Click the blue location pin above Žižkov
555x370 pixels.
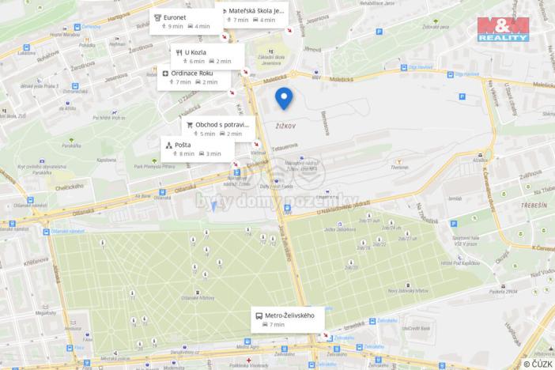coord(284,98)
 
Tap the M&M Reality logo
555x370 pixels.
coord(502,29)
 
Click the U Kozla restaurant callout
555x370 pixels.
coord(207,56)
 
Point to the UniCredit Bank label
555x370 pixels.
coord(414,327)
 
